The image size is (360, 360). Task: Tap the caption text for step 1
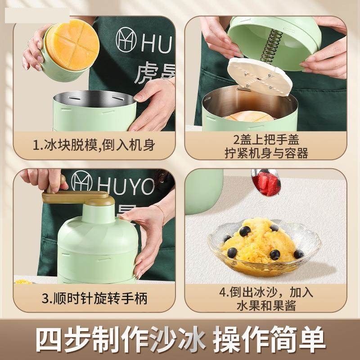pos(94,145)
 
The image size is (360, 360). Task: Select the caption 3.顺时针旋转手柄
pos(94,297)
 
